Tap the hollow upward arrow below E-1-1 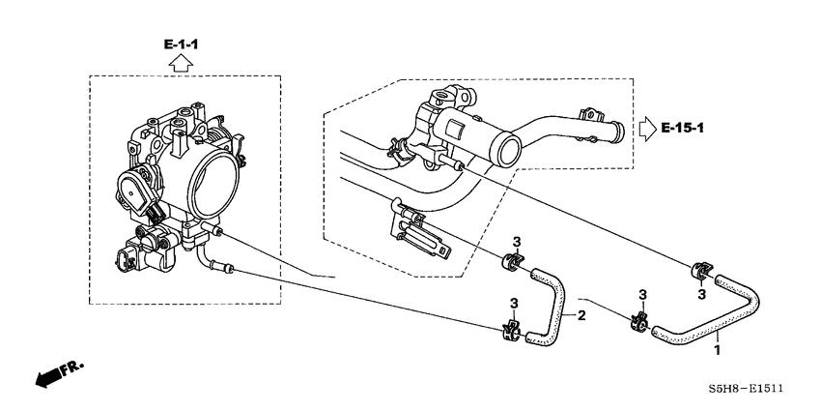(x=180, y=64)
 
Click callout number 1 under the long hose (x=717, y=349)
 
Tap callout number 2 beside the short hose (x=581, y=315)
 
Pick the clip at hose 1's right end (x=698, y=270)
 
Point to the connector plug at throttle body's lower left (x=125, y=259)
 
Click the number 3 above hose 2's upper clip (x=516, y=241)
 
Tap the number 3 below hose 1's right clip (x=702, y=294)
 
